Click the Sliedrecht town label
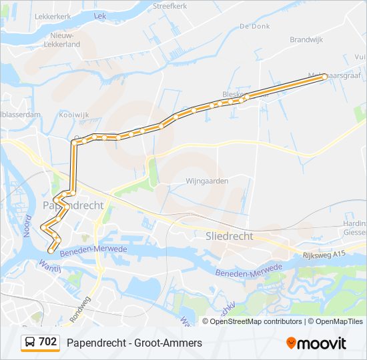tap(230, 236)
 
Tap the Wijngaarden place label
tap(208, 181)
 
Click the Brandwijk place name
tap(306, 40)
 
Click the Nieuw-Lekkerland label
tap(62, 39)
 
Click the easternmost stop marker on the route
tap(325, 77)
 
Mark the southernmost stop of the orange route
tap(51, 251)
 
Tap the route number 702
tap(48, 342)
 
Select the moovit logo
tap(316, 343)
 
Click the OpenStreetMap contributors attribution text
tap(256, 321)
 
